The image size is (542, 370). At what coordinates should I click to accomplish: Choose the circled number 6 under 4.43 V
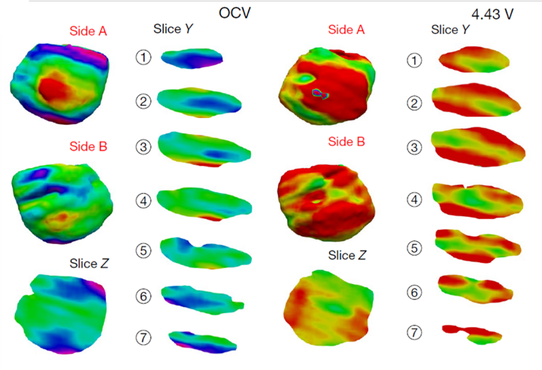(414, 292)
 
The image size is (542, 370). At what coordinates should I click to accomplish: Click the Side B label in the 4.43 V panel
(346, 142)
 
